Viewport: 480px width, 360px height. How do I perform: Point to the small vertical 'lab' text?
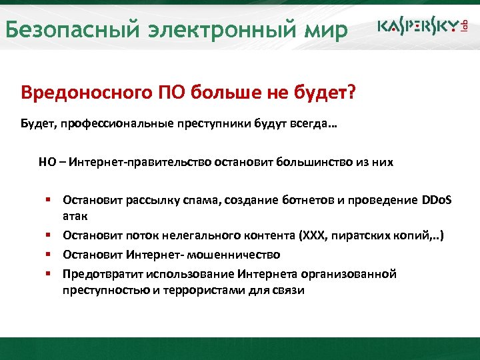pos(465,26)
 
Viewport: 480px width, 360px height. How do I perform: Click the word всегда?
pos(307,124)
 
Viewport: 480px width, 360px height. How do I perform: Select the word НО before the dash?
pos(46,163)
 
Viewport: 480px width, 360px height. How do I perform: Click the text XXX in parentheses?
pos(313,236)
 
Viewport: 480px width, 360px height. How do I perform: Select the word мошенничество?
pos(235,255)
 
